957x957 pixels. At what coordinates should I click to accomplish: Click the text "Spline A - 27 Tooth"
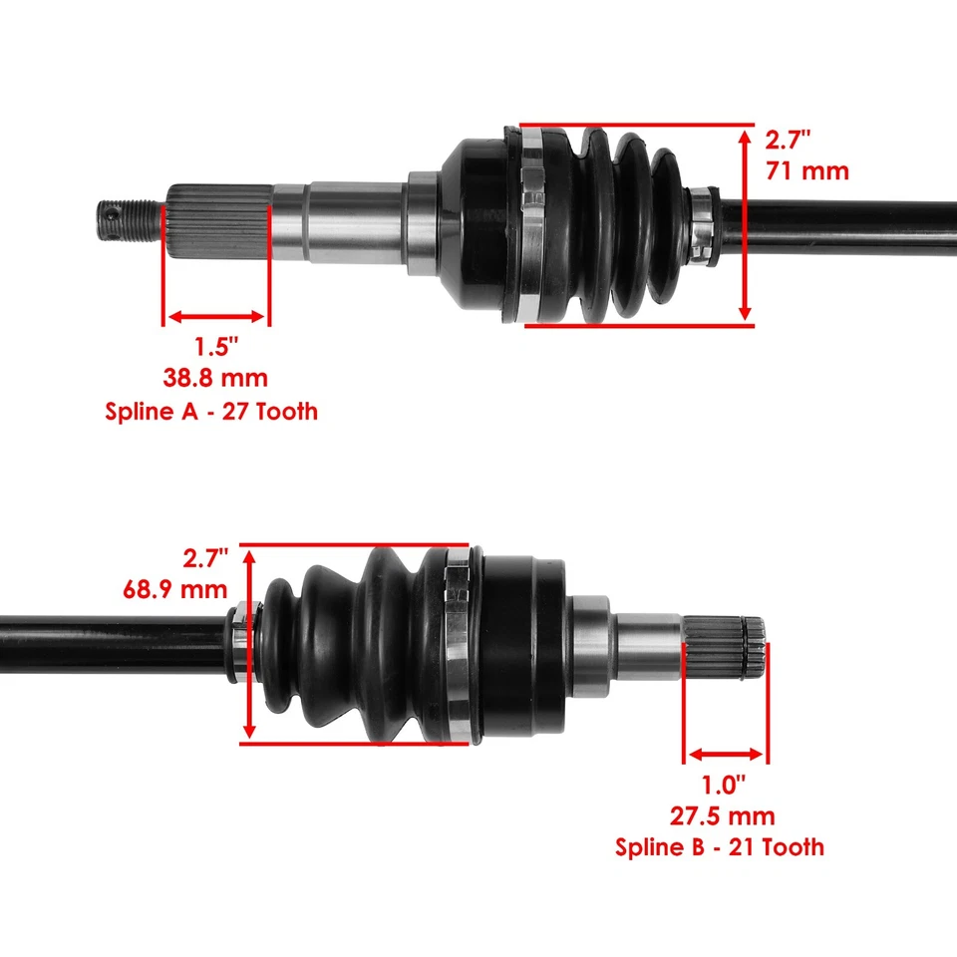pyautogui.click(x=211, y=410)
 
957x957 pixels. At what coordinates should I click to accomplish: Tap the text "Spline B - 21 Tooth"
pyautogui.click(x=720, y=847)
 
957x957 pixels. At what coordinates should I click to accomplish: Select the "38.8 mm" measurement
pyautogui.click(x=215, y=378)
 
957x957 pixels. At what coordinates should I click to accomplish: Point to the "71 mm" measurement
pyautogui.click(x=807, y=170)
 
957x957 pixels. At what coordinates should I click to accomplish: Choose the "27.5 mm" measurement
pyautogui.click(x=722, y=816)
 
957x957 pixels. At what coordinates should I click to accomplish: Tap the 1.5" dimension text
pyautogui.click(x=216, y=347)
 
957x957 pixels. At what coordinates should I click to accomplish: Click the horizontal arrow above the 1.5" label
pyautogui.click(x=216, y=317)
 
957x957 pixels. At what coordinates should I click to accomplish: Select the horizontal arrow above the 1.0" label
pyautogui.click(x=725, y=755)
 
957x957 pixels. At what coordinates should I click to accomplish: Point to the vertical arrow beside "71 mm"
pyautogui.click(x=745, y=224)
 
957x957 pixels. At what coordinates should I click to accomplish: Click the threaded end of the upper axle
pyautogui.click(x=130, y=219)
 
